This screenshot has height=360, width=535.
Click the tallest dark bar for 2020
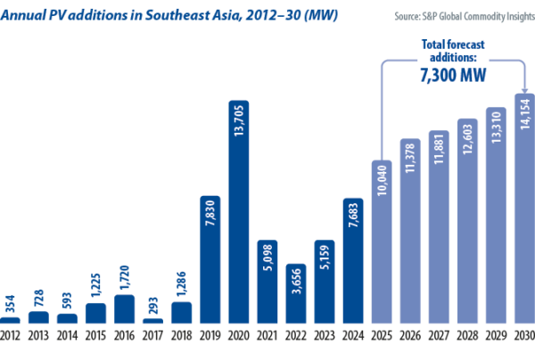coord(238,214)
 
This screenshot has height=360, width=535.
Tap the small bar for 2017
coord(152,320)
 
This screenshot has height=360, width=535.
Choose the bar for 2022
coord(295,294)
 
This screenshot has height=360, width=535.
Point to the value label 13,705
coord(239,137)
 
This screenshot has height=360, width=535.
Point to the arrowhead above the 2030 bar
coord(523,86)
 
